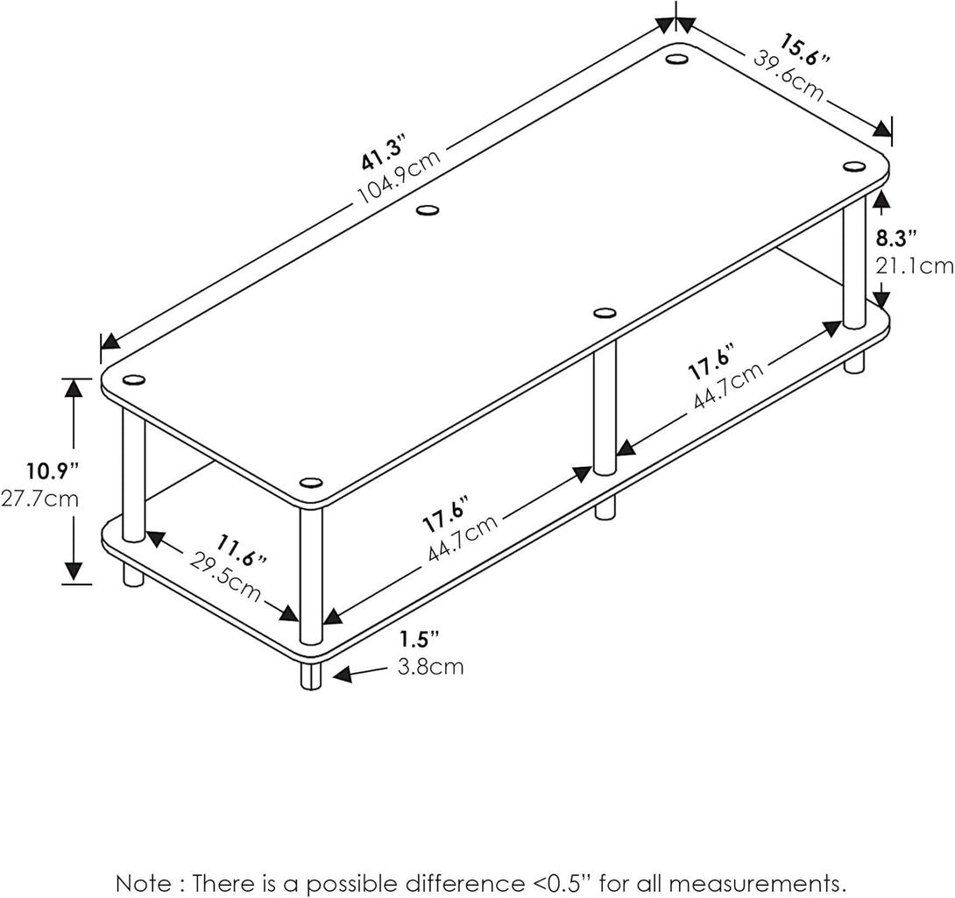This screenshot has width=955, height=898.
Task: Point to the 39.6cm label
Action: click(789, 75)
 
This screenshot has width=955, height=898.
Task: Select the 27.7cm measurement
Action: click(39, 500)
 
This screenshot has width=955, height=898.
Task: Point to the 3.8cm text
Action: click(430, 668)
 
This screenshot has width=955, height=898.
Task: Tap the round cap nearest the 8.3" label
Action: click(853, 166)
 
